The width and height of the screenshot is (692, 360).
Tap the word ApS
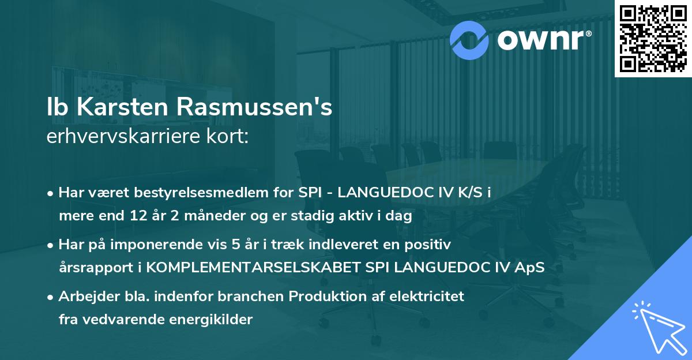pyautogui.click(x=529, y=268)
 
